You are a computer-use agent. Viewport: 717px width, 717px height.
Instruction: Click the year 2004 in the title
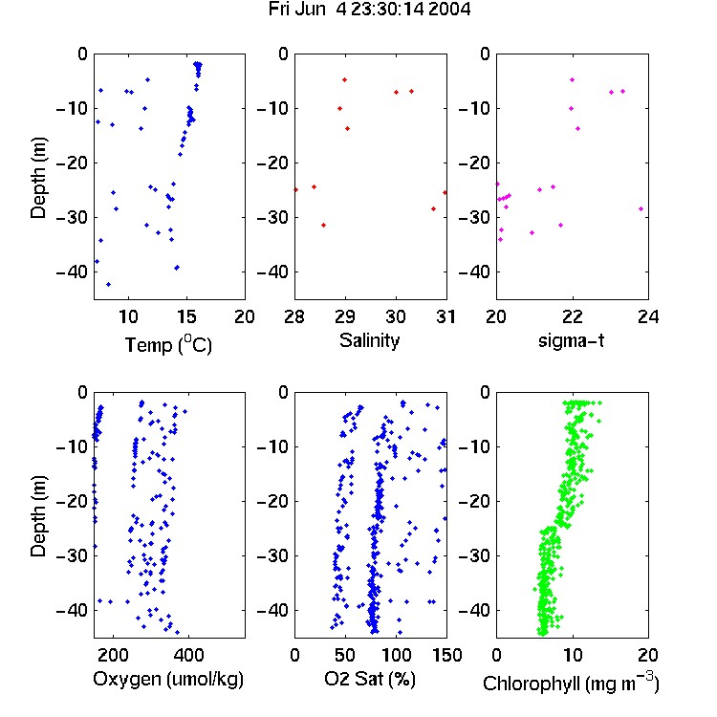tap(449, 10)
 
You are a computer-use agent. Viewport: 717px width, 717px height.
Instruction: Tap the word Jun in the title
tap(311, 10)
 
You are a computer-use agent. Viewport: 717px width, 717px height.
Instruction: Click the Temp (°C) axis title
tap(168, 344)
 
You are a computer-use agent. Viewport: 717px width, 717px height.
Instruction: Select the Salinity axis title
tap(369, 341)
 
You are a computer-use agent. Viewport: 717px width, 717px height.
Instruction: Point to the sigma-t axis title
tap(571, 340)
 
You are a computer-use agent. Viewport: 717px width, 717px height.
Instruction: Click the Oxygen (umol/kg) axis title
tap(168, 680)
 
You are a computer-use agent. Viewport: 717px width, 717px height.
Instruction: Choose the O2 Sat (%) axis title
tap(370, 679)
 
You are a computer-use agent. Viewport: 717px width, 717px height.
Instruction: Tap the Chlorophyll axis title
tap(571, 683)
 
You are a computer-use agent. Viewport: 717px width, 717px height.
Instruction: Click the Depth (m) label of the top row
tap(38, 178)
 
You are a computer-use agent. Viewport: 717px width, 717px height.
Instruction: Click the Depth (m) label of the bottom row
tap(38, 516)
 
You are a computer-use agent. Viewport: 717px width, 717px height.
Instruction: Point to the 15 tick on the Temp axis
tap(186, 316)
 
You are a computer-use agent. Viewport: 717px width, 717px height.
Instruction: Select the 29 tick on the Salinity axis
tap(345, 316)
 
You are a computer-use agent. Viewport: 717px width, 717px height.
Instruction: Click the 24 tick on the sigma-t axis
tap(648, 316)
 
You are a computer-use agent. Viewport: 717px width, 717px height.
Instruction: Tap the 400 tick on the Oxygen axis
tap(188, 655)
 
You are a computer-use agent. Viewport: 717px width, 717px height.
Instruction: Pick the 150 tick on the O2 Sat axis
tap(446, 655)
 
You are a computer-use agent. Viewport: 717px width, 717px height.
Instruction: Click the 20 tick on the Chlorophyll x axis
tap(648, 655)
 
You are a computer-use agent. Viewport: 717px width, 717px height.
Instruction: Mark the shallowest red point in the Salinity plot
tap(345, 80)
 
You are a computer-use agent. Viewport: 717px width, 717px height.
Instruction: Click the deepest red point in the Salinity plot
tap(324, 225)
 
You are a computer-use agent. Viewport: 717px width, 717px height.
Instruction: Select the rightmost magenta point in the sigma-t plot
tap(641, 209)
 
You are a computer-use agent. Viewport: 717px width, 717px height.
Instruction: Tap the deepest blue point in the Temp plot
tap(108, 285)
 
